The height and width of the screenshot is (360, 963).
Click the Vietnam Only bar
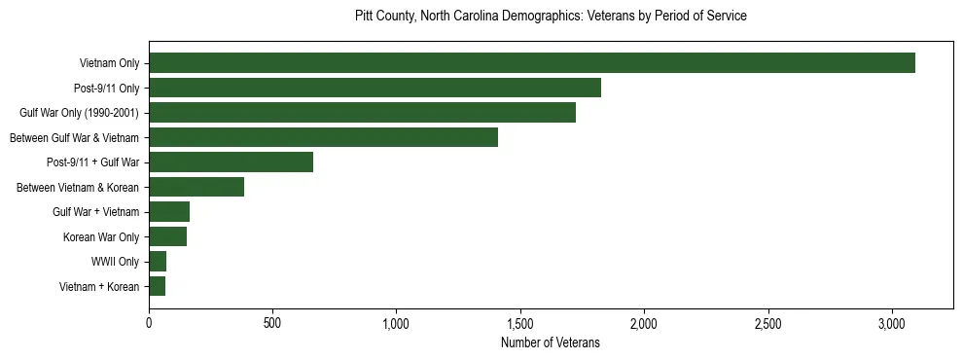532,63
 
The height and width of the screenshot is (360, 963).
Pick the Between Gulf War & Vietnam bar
323,137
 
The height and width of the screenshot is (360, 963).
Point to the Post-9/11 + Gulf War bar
231,162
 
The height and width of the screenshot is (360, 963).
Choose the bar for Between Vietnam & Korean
196,187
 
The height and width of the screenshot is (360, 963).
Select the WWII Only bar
158,261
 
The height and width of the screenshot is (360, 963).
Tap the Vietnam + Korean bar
157,286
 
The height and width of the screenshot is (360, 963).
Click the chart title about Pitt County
551,17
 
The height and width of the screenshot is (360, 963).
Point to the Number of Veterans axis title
551,343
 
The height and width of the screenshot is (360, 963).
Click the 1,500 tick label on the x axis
520,323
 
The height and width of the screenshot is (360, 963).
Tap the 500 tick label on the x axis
272,323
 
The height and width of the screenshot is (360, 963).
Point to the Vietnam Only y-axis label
109,63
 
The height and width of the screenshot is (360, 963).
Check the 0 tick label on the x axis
149,323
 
